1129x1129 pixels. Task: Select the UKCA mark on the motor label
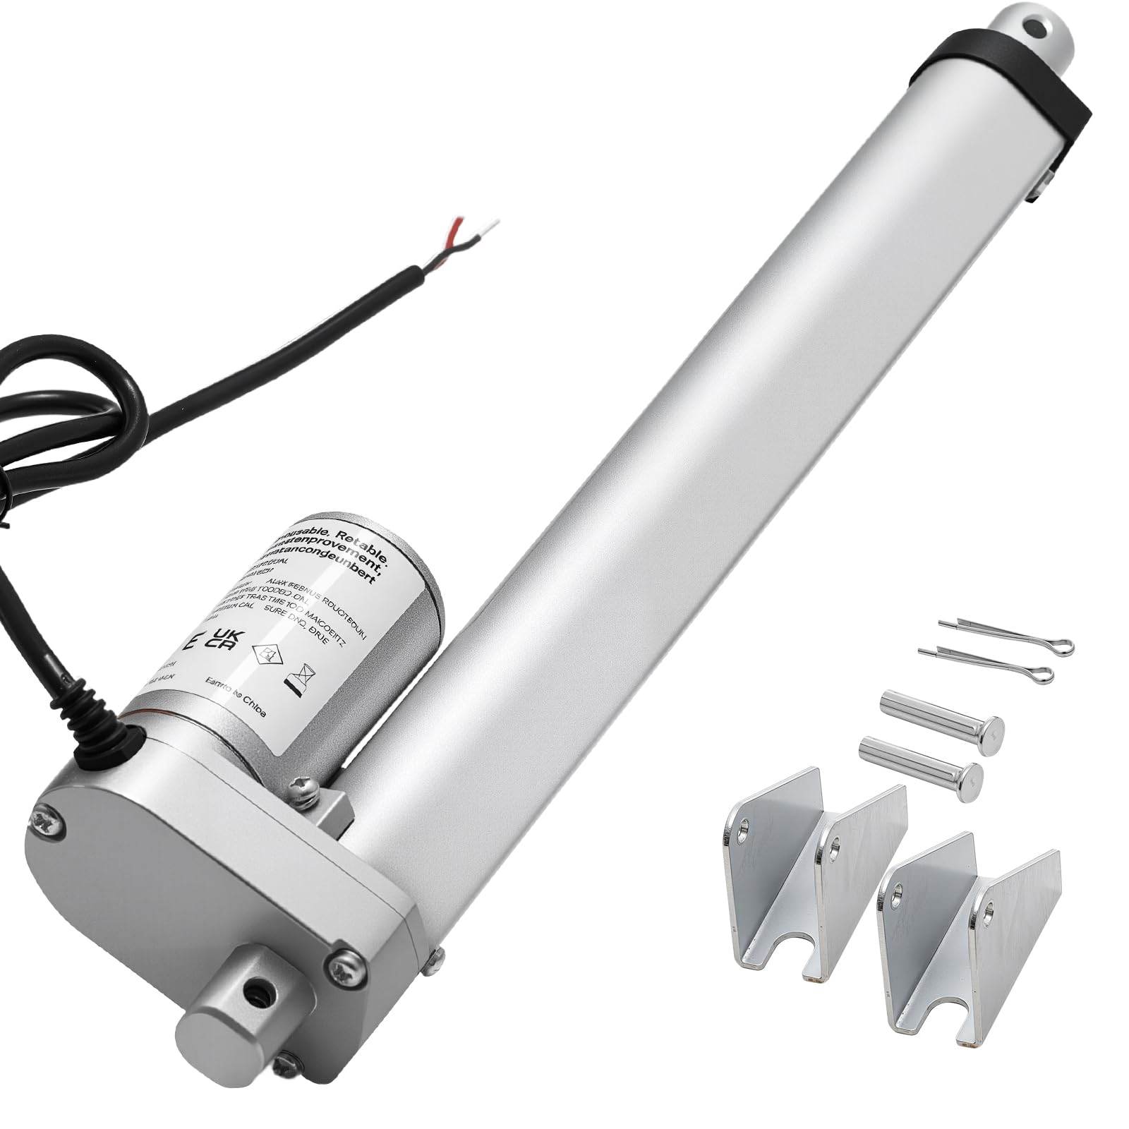[227, 641]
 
